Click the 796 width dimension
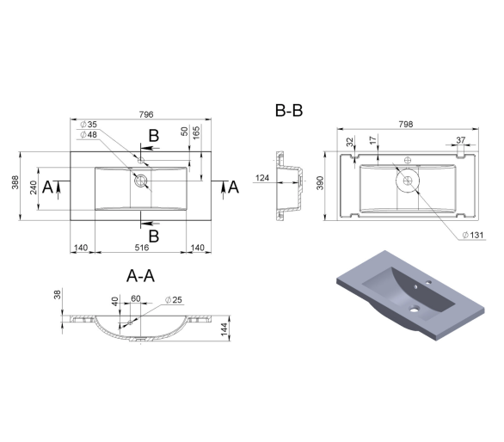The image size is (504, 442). pyautogui.click(x=146, y=114)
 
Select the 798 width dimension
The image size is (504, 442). pyautogui.click(x=406, y=124)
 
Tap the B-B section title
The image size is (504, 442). pyautogui.click(x=289, y=110)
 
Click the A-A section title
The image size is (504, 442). pyautogui.click(x=140, y=276)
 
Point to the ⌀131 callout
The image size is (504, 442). pyautogui.click(x=473, y=235)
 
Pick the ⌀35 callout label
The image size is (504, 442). pyautogui.click(x=89, y=125)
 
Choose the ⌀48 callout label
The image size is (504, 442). pyautogui.click(x=89, y=134)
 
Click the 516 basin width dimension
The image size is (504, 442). pyautogui.click(x=141, y=247)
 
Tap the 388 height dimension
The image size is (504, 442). pyautogui.click(x=15, y=182)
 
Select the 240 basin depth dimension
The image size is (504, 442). pyautogui.click(x=34, y=187)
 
